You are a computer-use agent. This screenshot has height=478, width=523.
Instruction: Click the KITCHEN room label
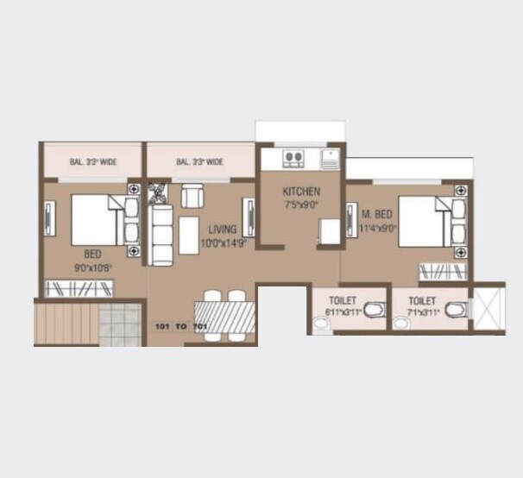(301, 192)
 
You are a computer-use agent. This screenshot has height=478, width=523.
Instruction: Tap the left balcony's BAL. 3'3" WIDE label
(93, 160)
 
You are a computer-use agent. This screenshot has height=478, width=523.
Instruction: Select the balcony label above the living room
(199, 160)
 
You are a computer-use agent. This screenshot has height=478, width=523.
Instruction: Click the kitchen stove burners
(293, 158)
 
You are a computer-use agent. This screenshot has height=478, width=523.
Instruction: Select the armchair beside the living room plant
(192, 196)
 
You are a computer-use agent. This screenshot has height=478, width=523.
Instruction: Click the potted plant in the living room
(158, 192)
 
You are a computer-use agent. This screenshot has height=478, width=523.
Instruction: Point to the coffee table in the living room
(189, 235)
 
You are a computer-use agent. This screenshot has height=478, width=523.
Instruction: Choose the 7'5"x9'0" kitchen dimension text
(301, 205)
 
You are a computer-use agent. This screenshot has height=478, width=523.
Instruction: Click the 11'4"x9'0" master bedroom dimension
(378, 229)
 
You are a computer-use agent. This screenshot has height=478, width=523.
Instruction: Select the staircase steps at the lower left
(65, 322)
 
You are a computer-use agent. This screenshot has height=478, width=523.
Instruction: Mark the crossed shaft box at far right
(488, 306)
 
